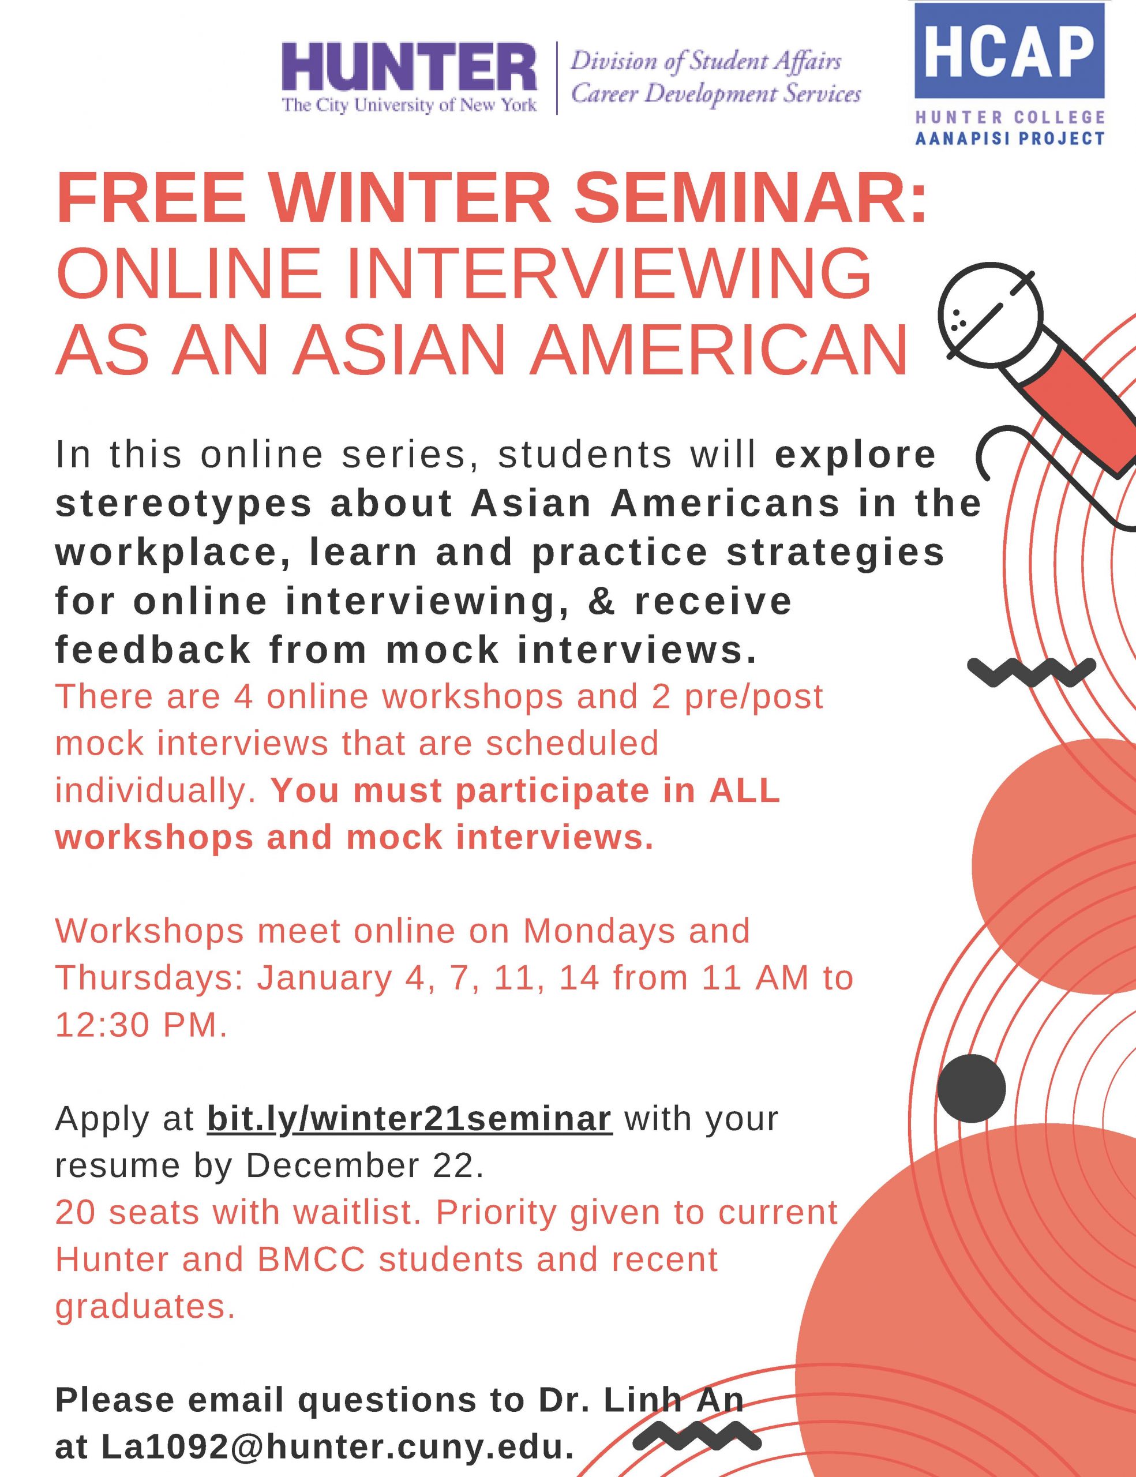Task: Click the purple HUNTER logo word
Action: [409, 67]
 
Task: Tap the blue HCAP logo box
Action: [1009, 51]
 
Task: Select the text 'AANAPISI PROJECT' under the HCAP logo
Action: [1010, 138]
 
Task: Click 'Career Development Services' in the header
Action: [715, 93]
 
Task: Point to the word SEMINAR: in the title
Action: [750, 198]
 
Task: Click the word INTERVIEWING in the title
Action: [609, 274]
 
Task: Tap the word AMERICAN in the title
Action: [719, 350]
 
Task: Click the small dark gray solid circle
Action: [971, 1088]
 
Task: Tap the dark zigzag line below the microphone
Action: [1031, 671]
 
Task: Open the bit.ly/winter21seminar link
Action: [410, 1119]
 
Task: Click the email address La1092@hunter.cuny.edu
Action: [338, 1446]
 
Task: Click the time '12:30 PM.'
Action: [141, 1025]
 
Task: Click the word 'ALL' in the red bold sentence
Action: [744, 790]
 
